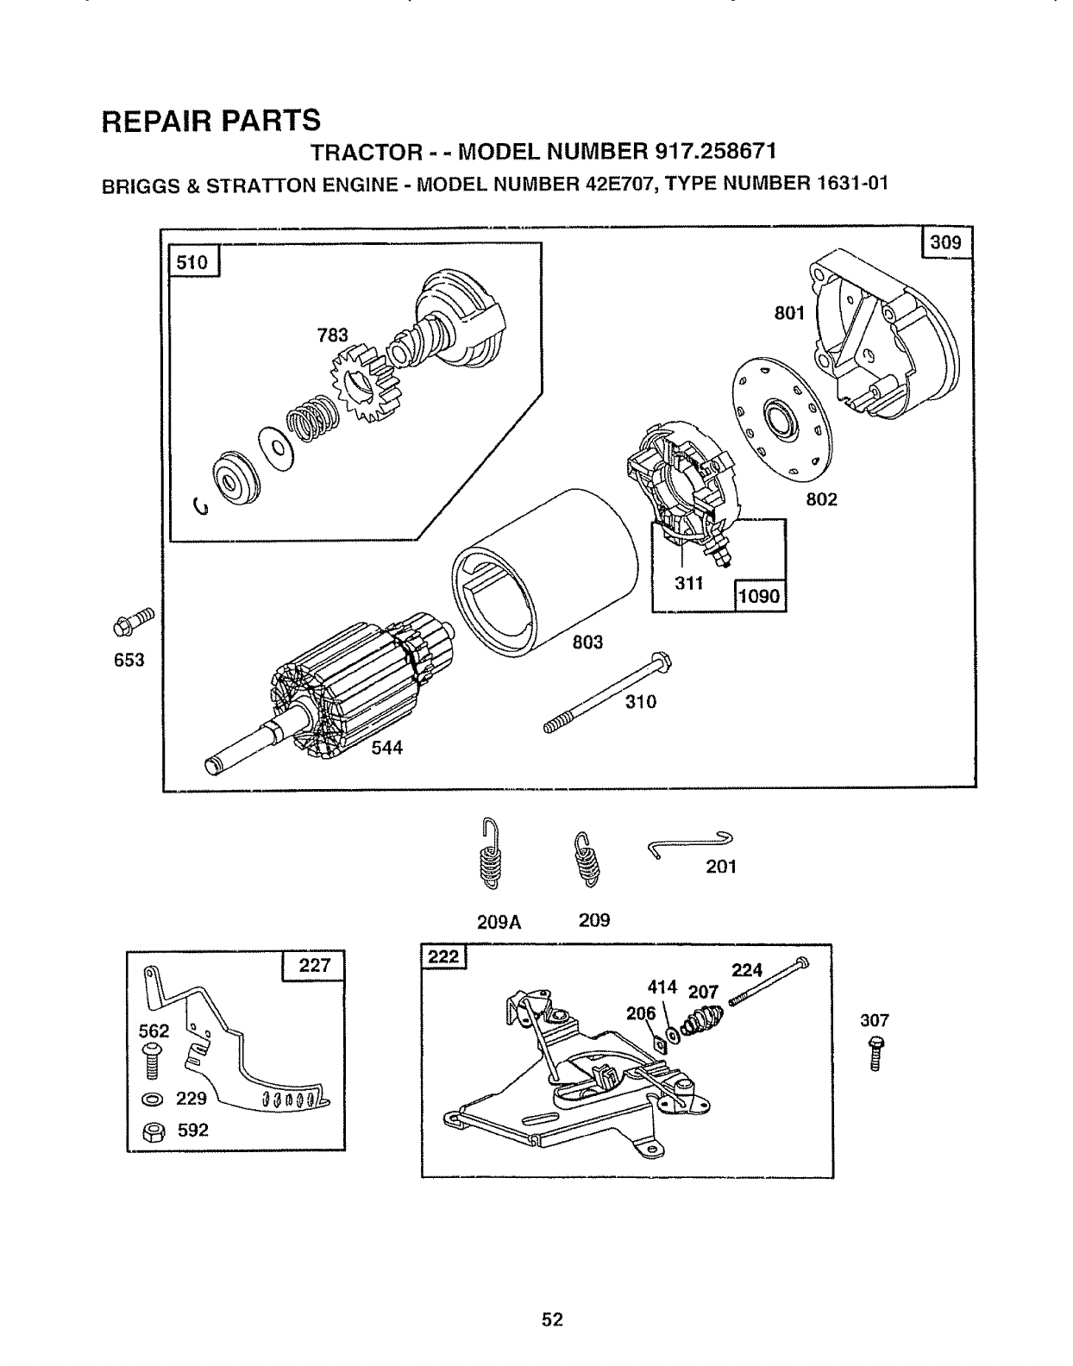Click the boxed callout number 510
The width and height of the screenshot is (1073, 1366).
pyautogui.click(x=192, y=262)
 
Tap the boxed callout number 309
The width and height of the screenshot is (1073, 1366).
pyautogui.click(x=945, y=242)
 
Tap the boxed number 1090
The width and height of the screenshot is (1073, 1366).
pyautogui.click(x=759, y=594)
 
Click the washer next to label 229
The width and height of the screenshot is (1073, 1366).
pyautogui.click(x=151, y=1100)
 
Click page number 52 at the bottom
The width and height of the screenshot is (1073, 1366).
pyautogui.click(x=552, y=1319)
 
